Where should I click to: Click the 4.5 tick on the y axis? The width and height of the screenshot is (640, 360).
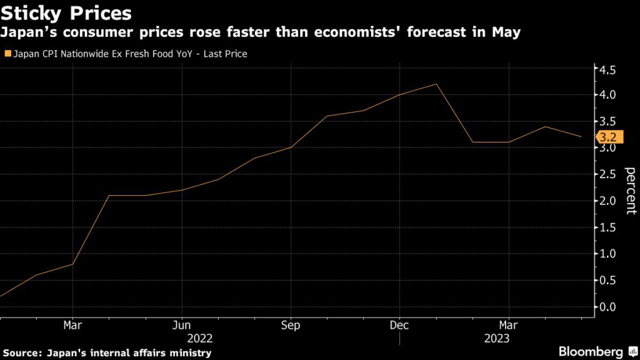(608, 69)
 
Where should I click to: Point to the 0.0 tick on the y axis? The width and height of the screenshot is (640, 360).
(608, 306)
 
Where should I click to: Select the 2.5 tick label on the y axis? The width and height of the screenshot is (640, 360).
(608, 174)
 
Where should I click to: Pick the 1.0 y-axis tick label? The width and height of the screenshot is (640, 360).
(608, 254)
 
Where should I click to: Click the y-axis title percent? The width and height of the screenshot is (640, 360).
(631, 191)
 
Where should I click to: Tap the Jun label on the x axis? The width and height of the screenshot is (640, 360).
(182, 326)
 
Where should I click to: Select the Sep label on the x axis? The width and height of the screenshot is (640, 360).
(291, 326)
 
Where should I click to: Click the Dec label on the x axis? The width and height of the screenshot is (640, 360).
(400, 326)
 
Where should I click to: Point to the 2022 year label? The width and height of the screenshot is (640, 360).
(200, 338)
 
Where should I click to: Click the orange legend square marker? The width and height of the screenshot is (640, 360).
(7, 54)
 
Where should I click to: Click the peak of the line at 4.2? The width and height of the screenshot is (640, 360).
(436, 84)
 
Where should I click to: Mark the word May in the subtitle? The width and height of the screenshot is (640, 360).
(506, 32)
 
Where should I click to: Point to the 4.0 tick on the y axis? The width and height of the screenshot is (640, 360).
(608, 95)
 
